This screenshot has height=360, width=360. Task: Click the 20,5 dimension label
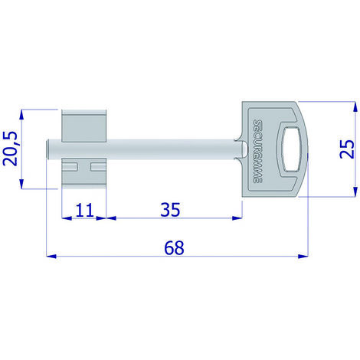point(10,149)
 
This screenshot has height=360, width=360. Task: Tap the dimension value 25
point(347,149)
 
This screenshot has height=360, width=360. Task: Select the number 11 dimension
point(84,210)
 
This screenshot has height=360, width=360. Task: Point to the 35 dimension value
point(170,210)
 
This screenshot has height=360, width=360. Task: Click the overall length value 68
point(174,247)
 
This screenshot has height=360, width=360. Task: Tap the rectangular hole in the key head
point(292,149)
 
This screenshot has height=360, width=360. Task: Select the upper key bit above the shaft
point(84,126)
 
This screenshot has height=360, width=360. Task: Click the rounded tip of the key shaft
point(47,149)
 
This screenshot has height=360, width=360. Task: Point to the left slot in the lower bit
point(70,167)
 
